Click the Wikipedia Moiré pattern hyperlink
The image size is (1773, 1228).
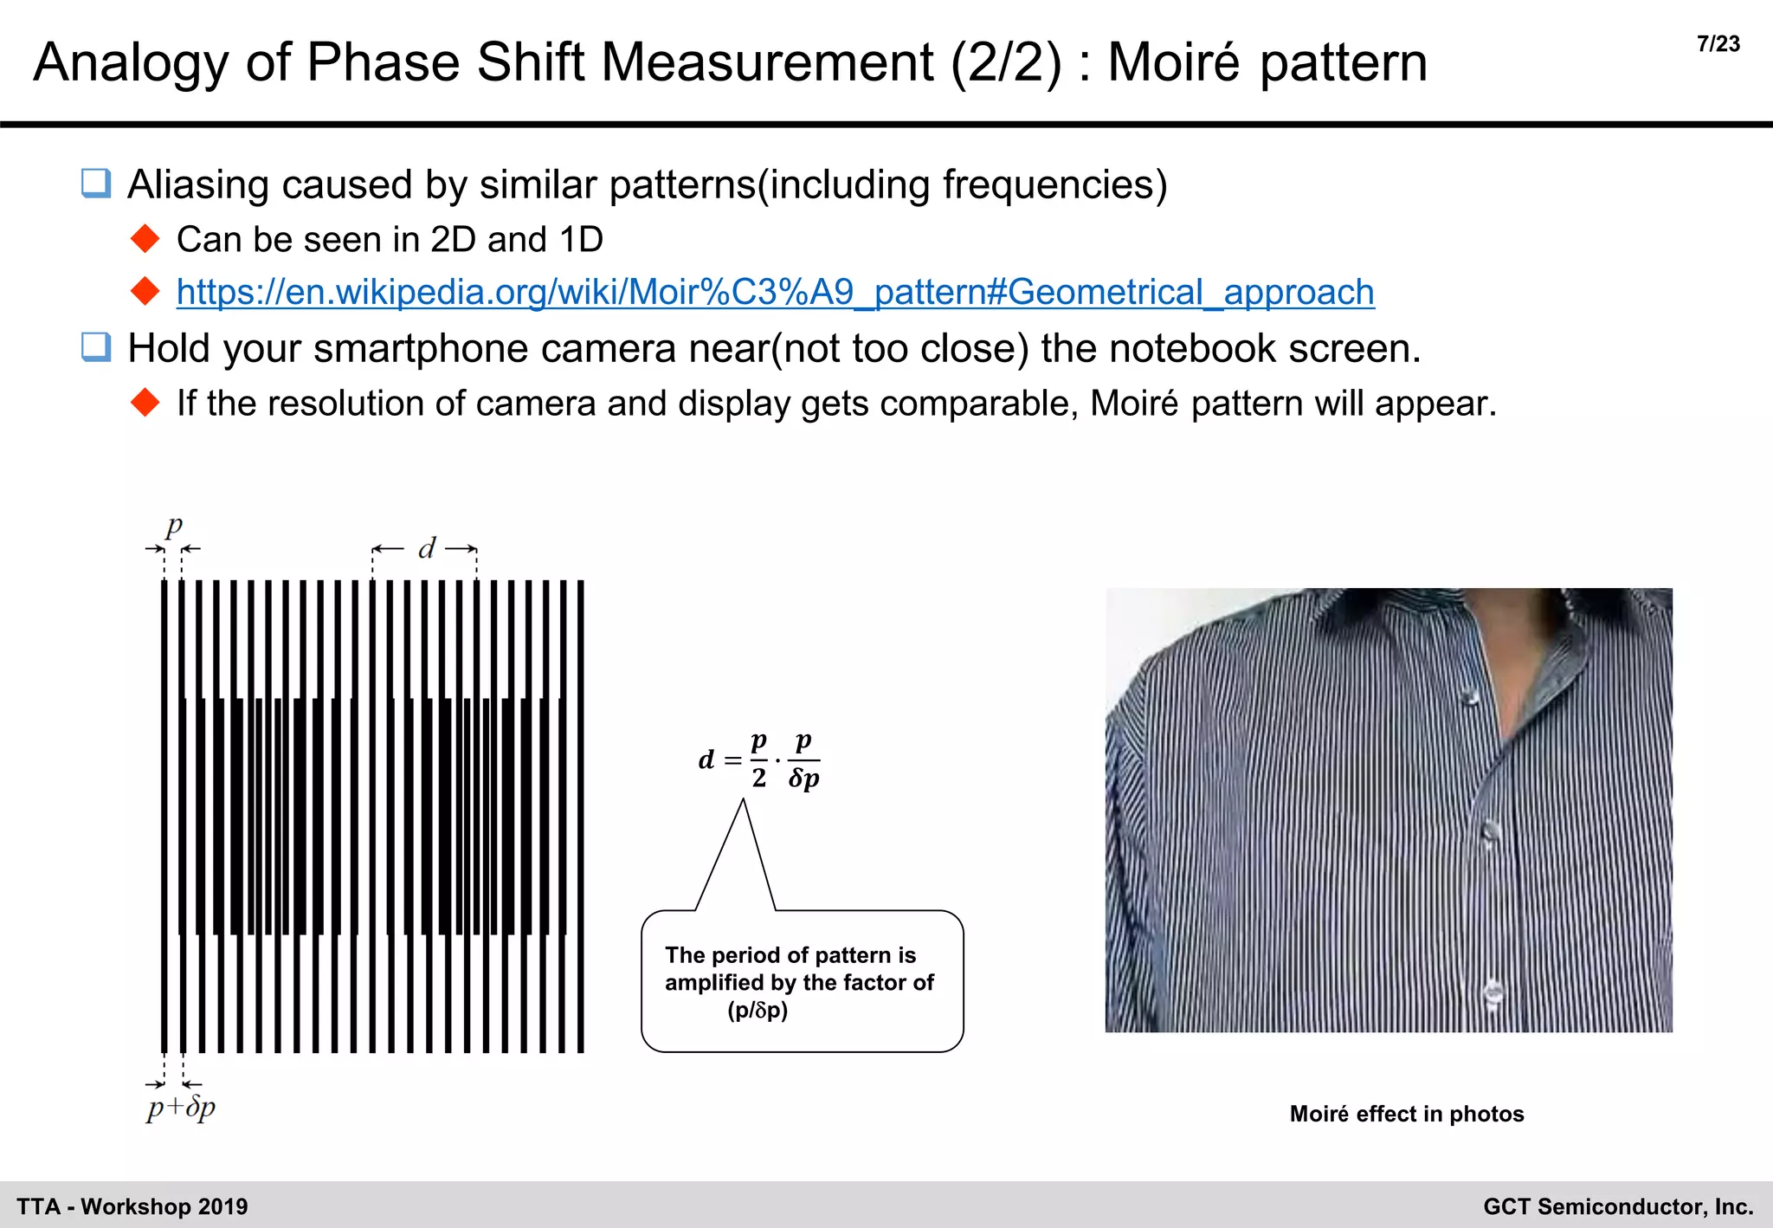pos(775,293)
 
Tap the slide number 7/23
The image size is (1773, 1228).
pos(1718,44)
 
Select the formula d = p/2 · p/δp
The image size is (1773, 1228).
pos(759,760)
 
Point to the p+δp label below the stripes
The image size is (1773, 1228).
pos(181,1108)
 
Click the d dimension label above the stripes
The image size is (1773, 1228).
pos(426,548)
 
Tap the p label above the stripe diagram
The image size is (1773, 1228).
pos(174,527)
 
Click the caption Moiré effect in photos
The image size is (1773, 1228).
pos(1406,1114)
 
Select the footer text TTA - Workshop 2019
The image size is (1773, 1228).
pos(132,1206)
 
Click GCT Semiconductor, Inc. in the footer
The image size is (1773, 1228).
pos(1618,1206)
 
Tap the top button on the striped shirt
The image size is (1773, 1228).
pos(1468,696)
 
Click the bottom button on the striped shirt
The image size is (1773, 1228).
pos(1493,990)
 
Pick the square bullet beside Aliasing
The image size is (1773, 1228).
pos(96,184)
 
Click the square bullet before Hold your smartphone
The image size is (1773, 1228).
pos(96,347)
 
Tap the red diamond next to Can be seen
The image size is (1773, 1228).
pos(145,239)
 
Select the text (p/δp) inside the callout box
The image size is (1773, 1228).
pos(758,1011)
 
